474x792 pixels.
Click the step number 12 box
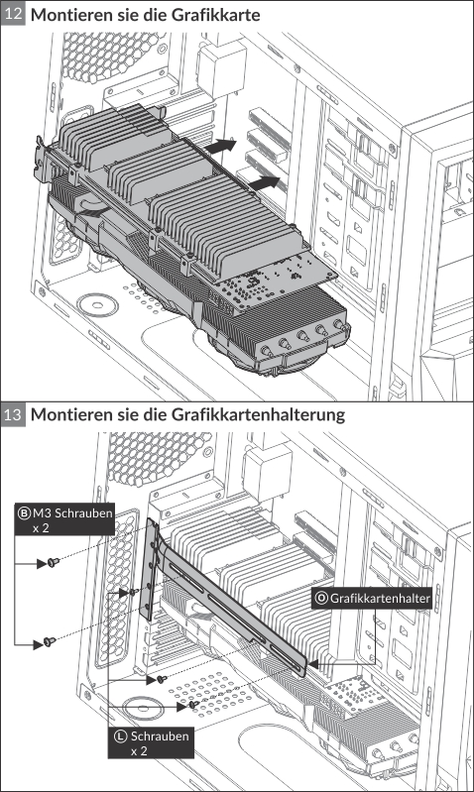coord(13,13)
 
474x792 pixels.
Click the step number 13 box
coord(13,414)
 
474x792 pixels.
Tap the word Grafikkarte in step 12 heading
coord(215,15)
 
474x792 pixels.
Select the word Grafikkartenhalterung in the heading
coord(258,414)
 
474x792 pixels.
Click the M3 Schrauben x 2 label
coord(64,519)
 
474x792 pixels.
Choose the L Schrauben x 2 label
coord(151,743)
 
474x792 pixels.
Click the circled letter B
coord(24,513)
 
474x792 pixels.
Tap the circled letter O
coord(321,599)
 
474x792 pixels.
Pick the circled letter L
coord(120,735)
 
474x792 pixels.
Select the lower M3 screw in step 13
coord(50,641)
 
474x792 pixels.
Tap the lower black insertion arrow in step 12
coord(265,182)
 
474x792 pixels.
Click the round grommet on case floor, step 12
coord(97,305)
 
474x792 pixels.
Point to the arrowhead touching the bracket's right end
coord(313,664)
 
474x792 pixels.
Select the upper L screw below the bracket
coord(162,679)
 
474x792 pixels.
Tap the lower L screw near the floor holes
coord(193,705)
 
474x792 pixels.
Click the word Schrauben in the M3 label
coord(84,513)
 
